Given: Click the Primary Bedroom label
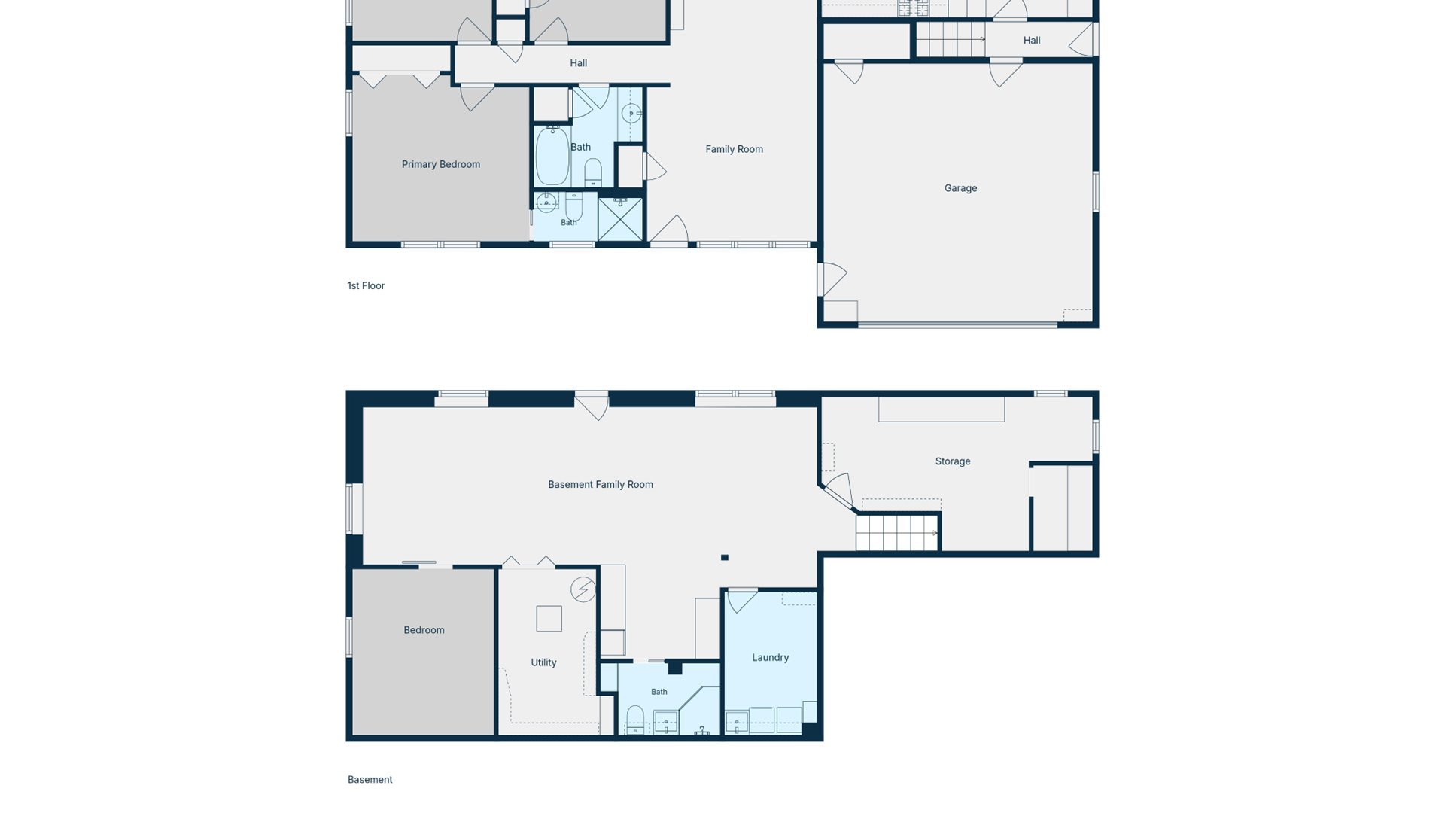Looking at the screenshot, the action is pyautogui.click(x=440, y=164).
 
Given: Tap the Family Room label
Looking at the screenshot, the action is pyautogui.click(x=734, y=149).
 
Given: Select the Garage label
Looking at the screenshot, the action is pyautogui.click(x=960, y=188).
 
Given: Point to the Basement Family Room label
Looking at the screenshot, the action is pyautogui.click(x=600, y=485).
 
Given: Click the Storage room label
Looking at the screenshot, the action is pyautogui.click(x=952, y=461).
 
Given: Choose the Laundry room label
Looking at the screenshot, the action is pyautogui.click(x=770, y=657).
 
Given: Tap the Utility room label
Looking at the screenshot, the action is pyautogui.click(x=543, y=662).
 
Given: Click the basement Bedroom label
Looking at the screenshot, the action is pyautogui.click(x=424, y=630).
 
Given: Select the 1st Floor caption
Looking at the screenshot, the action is pyautogui.click(x=366, y=286).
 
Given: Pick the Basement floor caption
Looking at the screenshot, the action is pyautogui.click(x=370, y=780).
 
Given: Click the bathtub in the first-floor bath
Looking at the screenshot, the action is pyautogui.click(x=552, y=157).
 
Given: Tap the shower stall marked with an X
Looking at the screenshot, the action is pyautogui.click(x=620, y=220).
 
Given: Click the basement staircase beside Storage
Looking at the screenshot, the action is pyautogui.click(x=897, y=532).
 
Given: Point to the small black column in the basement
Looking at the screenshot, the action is pyautogui.click(x=724, y=558).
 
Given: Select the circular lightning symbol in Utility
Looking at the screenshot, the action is pyautogui.click(x=583, y=589).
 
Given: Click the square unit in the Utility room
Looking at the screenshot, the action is pyautogui.click(x=549, y=619).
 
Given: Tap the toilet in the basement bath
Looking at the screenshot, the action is pyautogui.click(x=635, y=719).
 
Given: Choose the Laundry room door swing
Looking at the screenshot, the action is pyautogui.click(x=742, y=600).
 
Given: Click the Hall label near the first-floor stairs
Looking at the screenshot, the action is pyautogui.click(x=1032, y=41).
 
